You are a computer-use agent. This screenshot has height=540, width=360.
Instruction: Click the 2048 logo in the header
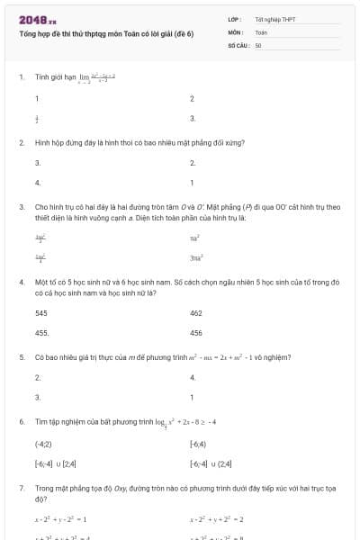click(x=36, y=19)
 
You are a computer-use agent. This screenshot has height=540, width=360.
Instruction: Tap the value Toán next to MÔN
click(x=261, y=31)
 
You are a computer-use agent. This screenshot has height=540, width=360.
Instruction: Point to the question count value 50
click(x=258, y=44)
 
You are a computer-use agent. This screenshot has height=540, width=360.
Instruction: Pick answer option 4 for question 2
click(x=38, y=183)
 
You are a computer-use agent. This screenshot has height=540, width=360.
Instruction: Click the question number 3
click(x=21, y=206)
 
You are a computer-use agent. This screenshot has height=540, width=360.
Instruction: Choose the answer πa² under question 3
click(x=193, y=238)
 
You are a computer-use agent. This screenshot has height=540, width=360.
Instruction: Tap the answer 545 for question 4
click(x=41, y=313)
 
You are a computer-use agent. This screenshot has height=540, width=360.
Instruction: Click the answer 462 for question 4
click(x=196, y=313)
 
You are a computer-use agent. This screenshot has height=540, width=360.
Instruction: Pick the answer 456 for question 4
click(x=196, y=333)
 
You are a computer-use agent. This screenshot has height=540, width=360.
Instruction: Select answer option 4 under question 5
click(x=193, y=378)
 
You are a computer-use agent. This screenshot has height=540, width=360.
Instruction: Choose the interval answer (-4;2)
click(x=42, y=444)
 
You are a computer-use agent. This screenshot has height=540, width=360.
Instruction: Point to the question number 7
click(x=21, y=487)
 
